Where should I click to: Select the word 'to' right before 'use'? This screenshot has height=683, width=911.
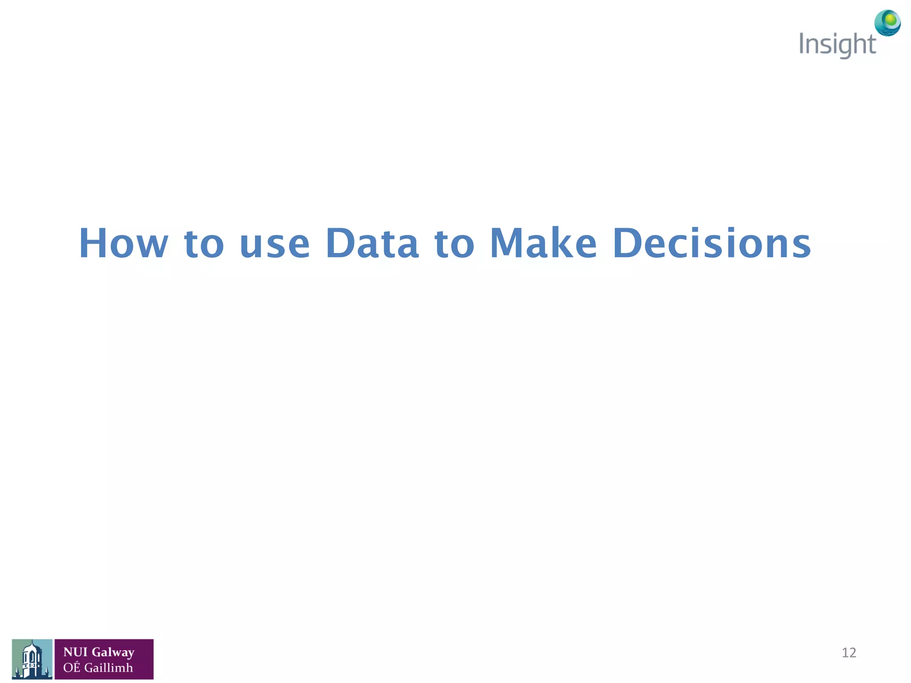pos(204,244)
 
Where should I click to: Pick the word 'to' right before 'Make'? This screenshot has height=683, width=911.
pos(455,244)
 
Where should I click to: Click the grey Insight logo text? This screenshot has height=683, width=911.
pos(837,45)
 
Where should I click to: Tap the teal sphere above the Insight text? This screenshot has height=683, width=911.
pos(887,23)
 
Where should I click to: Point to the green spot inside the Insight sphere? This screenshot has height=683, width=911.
pos(890,19)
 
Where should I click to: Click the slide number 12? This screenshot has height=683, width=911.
pos(849,653)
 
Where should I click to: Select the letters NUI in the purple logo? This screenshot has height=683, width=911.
pos(75,652)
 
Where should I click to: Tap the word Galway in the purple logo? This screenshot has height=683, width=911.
pos(113,652)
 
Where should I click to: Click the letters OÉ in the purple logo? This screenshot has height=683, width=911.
pos(72,667)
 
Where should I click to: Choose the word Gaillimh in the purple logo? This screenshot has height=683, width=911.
pos(109,667)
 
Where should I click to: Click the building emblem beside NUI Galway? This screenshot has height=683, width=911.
pos(32,659)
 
